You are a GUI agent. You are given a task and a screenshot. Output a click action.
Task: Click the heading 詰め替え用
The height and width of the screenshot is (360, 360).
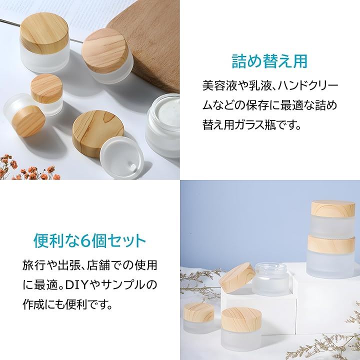269,61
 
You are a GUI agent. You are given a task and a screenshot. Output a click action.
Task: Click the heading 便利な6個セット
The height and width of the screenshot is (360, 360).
90,241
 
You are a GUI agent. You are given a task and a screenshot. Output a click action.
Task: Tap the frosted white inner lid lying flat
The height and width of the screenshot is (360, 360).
122,158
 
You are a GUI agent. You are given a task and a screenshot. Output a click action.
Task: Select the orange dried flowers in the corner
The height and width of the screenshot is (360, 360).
27,167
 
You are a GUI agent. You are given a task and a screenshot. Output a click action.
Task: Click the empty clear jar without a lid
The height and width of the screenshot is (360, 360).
272,279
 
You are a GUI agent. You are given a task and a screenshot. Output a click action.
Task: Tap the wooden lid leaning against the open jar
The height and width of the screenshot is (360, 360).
237,277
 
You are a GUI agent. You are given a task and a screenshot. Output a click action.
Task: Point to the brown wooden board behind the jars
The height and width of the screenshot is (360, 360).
147,46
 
